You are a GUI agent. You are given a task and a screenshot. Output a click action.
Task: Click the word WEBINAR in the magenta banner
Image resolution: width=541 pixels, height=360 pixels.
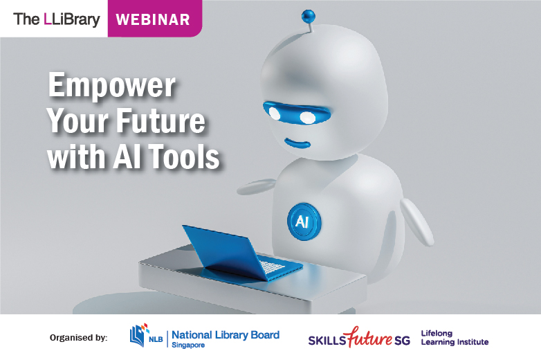point(153,19)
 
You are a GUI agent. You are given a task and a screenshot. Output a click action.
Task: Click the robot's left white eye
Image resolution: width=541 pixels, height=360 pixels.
point(275,112)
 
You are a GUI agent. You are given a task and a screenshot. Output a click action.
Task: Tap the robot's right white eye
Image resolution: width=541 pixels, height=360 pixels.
point(307,117)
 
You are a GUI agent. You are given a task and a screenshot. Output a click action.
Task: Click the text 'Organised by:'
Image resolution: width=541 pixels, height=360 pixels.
point(78,338)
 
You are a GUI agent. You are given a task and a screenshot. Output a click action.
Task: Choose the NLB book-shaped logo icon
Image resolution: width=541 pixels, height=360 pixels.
point(139,334)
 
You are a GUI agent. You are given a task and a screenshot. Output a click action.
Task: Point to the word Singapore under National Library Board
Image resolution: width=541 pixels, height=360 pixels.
point(188,345)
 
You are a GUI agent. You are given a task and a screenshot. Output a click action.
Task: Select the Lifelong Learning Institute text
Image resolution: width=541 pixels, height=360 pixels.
point(454,337)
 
